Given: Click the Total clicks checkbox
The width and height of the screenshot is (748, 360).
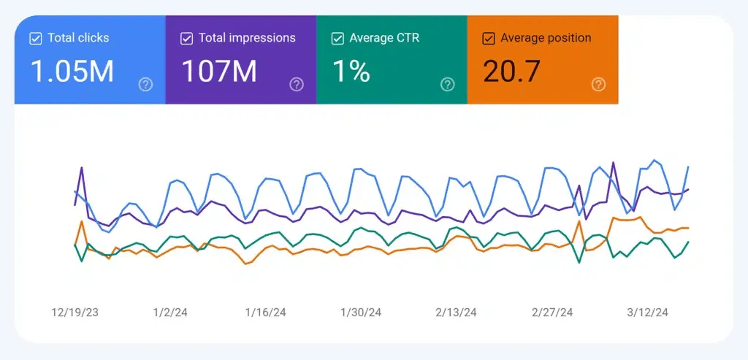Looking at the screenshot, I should pos(36,39).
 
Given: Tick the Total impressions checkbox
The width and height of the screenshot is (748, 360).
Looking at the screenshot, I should pos(187,39).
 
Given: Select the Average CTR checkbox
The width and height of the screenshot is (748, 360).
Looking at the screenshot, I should pos(337,39).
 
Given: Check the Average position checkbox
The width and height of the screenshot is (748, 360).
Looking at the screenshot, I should pos(489,39).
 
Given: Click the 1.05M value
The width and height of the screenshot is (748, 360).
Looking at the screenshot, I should pos(72,72).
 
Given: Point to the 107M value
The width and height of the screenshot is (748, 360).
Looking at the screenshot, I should pos(218,72).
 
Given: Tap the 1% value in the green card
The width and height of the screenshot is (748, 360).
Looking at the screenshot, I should pos(351,72).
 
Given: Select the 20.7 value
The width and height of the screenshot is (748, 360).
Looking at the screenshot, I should pos(511,72).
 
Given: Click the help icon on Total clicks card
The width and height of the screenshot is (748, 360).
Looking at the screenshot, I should pos(145,85).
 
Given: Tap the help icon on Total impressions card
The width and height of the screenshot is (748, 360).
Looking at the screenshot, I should pos(297,85).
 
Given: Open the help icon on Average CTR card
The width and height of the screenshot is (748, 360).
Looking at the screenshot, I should pos(447,85).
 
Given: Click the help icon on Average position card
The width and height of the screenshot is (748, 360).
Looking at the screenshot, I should pos(598,85).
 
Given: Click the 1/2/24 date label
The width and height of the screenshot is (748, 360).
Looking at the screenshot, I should pos(170,313).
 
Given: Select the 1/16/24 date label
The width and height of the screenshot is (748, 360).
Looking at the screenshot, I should pos(265,313).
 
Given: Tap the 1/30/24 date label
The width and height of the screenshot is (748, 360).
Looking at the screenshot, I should pos(361,313).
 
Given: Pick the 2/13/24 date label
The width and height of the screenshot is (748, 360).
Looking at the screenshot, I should pos(456,313).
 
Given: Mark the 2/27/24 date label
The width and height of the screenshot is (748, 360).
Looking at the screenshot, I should pos(552,313).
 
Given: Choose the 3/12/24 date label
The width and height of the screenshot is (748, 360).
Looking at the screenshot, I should pos(647,313).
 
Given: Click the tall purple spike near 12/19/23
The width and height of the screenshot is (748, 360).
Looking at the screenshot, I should pos(81,169).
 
